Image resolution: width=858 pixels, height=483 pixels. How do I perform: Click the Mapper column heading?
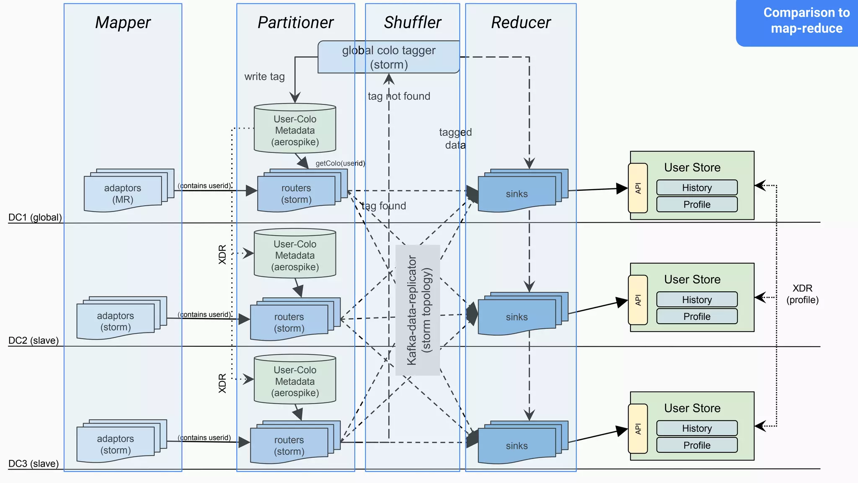[x=123, y=23]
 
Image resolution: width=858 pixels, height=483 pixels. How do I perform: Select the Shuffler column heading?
[x=412, y=23]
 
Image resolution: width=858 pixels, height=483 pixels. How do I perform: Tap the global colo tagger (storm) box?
[x=388, y=57]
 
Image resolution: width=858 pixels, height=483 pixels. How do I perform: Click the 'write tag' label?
[x=264, y=77]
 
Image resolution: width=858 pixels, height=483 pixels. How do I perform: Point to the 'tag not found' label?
[x=399, y=96]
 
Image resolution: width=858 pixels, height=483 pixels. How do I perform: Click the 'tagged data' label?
[x=455, y=139]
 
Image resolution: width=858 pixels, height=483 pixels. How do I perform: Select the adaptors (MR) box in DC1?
[x=123, y=194]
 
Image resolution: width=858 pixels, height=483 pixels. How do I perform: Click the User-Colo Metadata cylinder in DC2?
[x=295, y=255]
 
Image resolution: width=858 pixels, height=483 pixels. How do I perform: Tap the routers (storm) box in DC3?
[x=289, y=446]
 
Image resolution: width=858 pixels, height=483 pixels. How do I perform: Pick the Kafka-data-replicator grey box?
[x=418, y=310]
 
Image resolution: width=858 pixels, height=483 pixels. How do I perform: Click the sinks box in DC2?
[x=517, y=317]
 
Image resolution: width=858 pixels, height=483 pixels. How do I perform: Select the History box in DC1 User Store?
[x=697, y=188]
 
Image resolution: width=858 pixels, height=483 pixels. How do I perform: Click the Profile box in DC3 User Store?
[x=697, y=445]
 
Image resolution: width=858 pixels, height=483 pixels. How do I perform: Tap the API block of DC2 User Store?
[x=638, y=300]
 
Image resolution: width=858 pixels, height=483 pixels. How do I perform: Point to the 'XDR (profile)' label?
[x=802, y=294]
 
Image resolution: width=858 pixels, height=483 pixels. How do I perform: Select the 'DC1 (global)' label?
[x=35, y=217]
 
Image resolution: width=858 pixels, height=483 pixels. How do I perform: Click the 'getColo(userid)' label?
[x=340, y=164]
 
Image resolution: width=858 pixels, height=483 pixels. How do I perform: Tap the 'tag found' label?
[x=384, y=206]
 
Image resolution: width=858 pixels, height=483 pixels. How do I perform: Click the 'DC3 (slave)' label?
[x=34, y=464]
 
